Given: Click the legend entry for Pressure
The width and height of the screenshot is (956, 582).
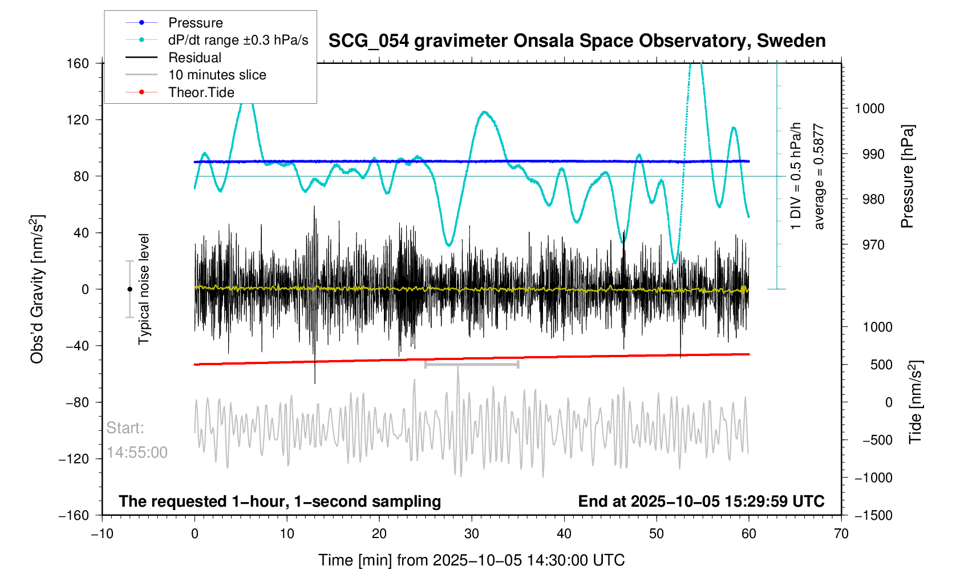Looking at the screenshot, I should click(x=195, y=23).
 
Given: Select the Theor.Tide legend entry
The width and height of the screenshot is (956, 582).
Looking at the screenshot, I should click(x=201, y=92).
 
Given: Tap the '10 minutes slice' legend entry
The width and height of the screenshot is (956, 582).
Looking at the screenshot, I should click(x=217, y=75).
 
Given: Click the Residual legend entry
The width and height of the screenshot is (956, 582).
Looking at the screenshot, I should click(x=195, y=58).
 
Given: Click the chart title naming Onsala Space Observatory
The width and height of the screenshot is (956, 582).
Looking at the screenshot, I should click(x=577, y=41).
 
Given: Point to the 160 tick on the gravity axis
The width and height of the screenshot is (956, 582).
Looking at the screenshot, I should click(x=78, y=63).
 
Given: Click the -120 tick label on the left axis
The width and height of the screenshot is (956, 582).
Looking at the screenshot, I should click(x=74, y=459).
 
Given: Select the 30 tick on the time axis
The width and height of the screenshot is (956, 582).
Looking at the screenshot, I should click(x=472, y=534).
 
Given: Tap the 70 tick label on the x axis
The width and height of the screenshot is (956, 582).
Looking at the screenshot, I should click(x=841, y=534).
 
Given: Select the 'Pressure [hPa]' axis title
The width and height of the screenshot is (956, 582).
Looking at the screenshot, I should click(x=907, y=177).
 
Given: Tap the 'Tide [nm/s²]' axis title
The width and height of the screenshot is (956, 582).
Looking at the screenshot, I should click(x=915, y=402).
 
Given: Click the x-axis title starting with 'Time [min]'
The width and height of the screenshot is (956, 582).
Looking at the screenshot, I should click(x=471, y=560).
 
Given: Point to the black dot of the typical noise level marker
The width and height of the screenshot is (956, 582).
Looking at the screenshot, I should click(x=129, y=289).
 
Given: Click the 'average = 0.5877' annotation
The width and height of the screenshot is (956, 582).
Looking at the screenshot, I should click(x=819, y=177).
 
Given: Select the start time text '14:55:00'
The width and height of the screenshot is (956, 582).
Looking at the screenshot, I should click(x=137, y=452).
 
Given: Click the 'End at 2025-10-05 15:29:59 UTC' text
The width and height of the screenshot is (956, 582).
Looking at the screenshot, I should click(x=701, y=502).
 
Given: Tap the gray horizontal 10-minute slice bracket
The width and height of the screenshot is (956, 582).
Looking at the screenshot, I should click(x=472, y=364).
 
